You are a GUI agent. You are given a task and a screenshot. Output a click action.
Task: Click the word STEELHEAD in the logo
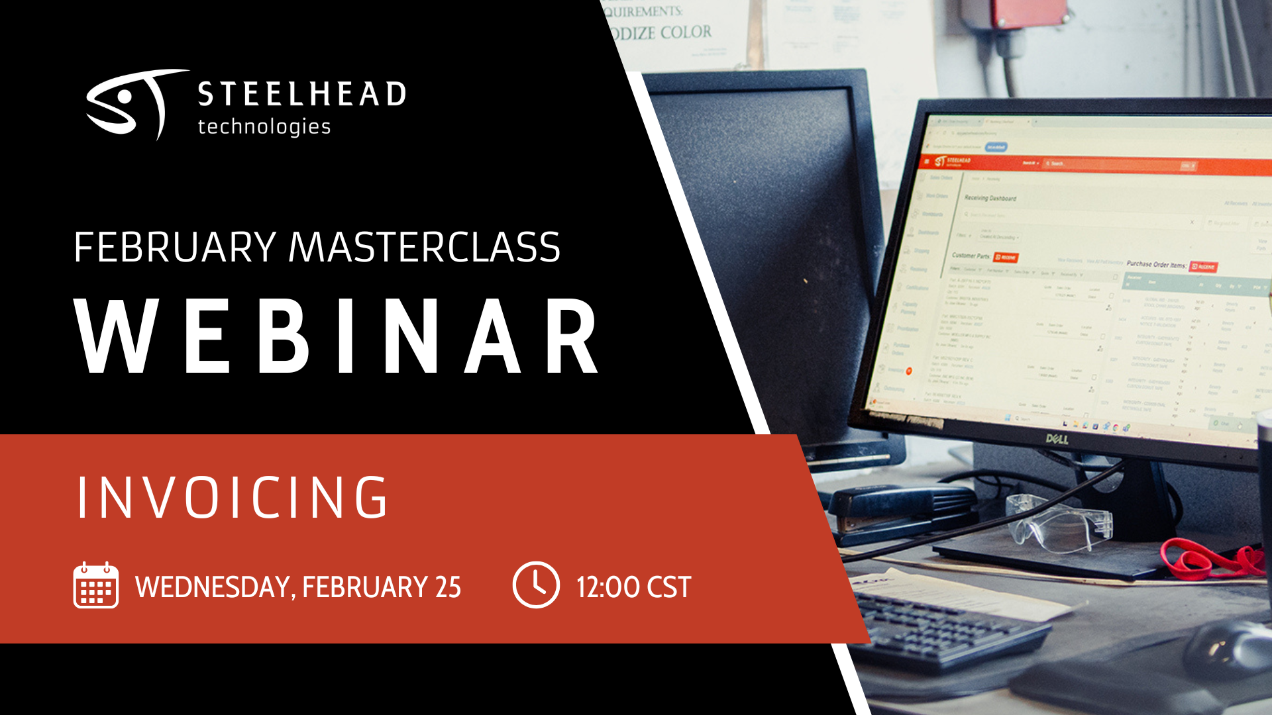click(301, 94)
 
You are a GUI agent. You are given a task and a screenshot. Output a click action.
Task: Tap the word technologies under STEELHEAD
click(264, 126)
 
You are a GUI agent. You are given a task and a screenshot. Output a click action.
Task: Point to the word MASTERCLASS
click(424, 248)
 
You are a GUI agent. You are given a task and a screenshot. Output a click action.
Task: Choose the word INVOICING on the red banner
click(232, 497)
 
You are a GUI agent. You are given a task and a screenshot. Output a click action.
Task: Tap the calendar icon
click(96, 585)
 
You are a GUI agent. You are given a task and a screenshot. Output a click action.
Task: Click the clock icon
click(535, 585)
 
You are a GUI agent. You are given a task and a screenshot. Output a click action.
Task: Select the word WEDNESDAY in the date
click(212, 587)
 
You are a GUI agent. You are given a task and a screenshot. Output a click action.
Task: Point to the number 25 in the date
click(448, 587)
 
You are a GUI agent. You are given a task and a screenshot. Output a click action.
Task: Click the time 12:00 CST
click(633, 587)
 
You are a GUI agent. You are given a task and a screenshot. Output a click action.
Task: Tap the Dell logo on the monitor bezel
click(1057, 438)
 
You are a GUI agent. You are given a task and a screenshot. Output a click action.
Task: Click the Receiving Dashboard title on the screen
click(990, 198)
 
